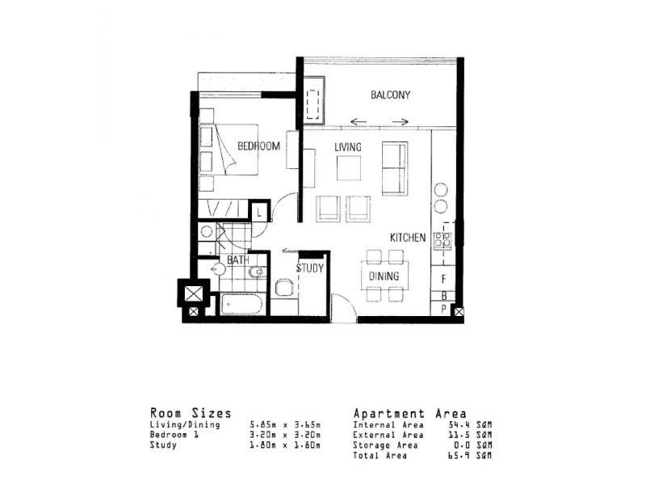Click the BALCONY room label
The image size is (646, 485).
391,95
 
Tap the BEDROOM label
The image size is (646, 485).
258,146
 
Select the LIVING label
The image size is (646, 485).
347,146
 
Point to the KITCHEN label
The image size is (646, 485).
408,238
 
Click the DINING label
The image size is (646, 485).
384,276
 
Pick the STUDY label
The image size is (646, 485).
309,268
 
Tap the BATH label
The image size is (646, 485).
237,260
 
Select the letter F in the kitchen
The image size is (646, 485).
443,279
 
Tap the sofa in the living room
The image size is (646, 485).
395,167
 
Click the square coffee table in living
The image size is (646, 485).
350,167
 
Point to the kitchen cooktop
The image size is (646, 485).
442,239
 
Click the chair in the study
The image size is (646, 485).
283,287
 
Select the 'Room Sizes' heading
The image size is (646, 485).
191,413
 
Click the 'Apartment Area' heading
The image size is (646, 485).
409,413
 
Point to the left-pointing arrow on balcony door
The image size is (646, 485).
359,123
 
